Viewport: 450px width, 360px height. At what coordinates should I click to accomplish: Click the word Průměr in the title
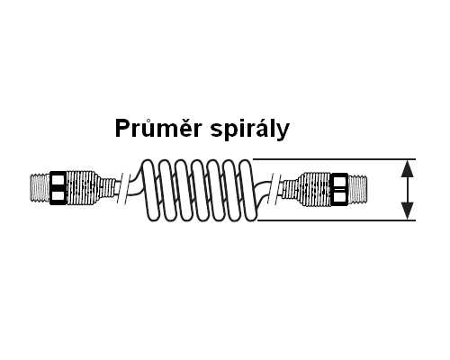(158, 129)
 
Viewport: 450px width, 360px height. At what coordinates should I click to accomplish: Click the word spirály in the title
(250, 130)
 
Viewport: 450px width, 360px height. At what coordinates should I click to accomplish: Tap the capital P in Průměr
(122, 129)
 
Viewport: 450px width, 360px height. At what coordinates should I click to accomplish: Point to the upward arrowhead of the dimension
(408, 168)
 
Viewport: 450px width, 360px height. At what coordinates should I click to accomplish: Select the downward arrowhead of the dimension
(408, 211)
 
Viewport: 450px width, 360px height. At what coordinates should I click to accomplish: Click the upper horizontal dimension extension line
(335, 159)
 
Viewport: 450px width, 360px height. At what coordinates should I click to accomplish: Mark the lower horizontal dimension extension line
(337, 220)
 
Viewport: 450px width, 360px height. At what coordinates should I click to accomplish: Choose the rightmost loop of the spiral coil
(248, 191)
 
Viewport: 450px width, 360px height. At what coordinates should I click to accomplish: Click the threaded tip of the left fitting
(40, 188)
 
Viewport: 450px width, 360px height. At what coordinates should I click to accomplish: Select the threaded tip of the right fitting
(357, 189)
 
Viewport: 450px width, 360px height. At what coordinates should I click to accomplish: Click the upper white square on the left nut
(58, 179)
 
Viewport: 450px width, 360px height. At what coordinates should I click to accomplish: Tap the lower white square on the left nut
(58, 196)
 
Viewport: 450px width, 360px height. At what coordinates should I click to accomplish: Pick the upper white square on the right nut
(339, 181)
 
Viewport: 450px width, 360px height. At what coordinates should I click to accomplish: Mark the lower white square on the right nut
(339, 197)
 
